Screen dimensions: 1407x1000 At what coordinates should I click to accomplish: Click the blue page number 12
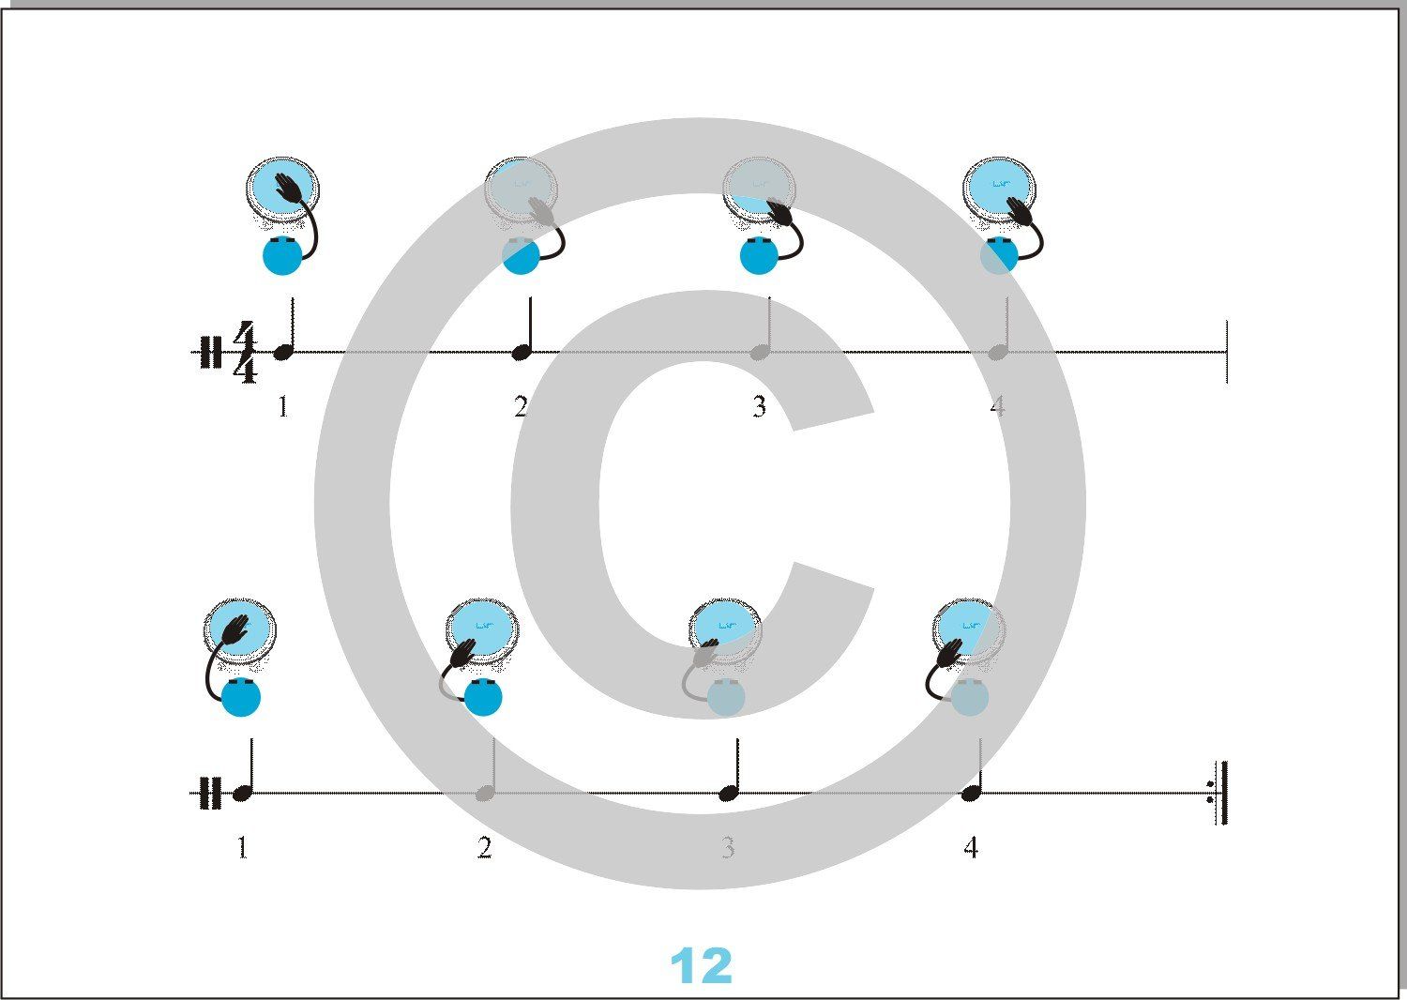(701, 965)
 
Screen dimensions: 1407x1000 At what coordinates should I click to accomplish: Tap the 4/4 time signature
(245, 352)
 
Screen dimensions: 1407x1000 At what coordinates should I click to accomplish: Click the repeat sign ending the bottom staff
(1218, 793)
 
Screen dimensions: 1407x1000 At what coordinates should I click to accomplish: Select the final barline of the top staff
(1226, 352)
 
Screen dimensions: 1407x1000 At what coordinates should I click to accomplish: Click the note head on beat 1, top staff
(284, 353)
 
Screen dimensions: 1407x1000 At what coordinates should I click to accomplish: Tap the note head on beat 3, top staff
(760, 353)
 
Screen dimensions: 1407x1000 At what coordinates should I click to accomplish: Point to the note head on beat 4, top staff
(997, 353)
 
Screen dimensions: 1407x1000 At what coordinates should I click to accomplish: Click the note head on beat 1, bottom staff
(241, 794)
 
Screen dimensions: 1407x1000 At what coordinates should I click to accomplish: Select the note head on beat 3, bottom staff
(728, 794)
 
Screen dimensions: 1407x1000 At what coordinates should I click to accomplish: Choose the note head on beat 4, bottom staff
(971, 794)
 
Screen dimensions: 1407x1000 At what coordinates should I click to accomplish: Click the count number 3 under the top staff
(760, 407)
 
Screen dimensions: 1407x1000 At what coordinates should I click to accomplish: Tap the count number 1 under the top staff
(283, 407)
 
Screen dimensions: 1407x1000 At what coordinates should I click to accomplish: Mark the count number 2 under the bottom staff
(484, 849)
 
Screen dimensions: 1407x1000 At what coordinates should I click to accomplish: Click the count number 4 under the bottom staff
(971, 849)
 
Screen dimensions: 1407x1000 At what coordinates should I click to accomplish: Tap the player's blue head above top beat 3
(760, 256)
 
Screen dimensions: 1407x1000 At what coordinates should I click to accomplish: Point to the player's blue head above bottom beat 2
(484, 697)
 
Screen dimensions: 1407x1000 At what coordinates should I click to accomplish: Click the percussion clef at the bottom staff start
(211, 794)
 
